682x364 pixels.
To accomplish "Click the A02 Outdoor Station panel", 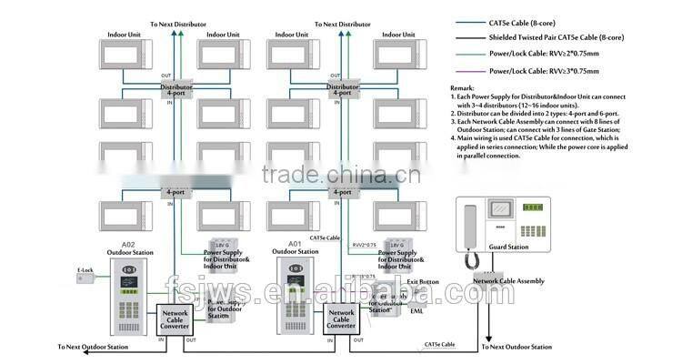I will click(x=126, y=294).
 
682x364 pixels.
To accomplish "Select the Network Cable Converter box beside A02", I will click(x=176, y=319).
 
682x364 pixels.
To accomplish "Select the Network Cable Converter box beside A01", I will click(x=342, y=319).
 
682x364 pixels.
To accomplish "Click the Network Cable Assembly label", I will click(x=508, y=282).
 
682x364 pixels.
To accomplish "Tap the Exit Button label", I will click(x=424, y=283).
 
